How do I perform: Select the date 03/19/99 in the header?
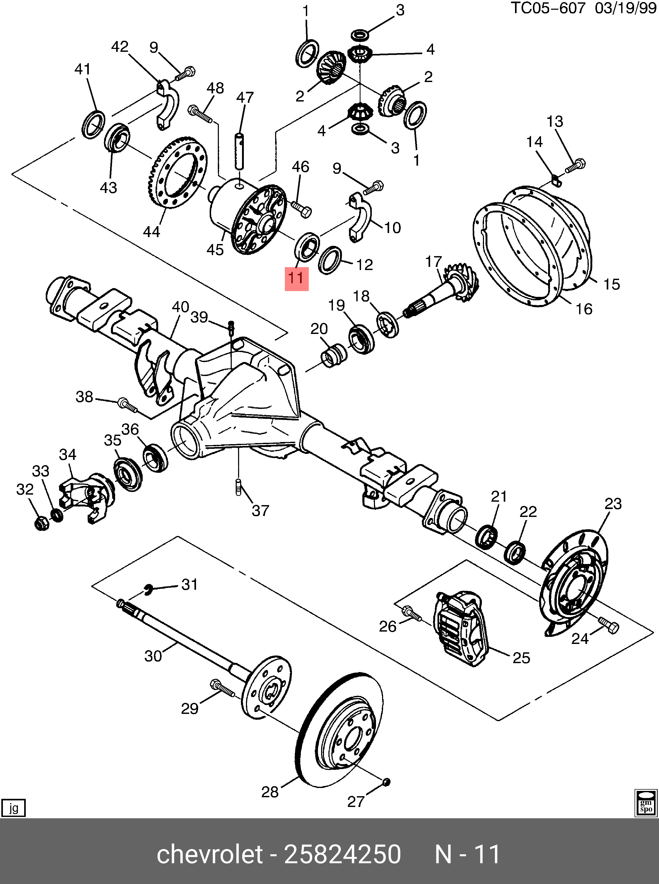[625, 8]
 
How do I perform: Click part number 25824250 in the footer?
[342, 855]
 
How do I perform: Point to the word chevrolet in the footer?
[210, 855]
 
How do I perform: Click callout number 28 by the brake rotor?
[270, 792]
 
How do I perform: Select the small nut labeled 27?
[386, 782]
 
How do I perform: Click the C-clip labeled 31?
[148, 589]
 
